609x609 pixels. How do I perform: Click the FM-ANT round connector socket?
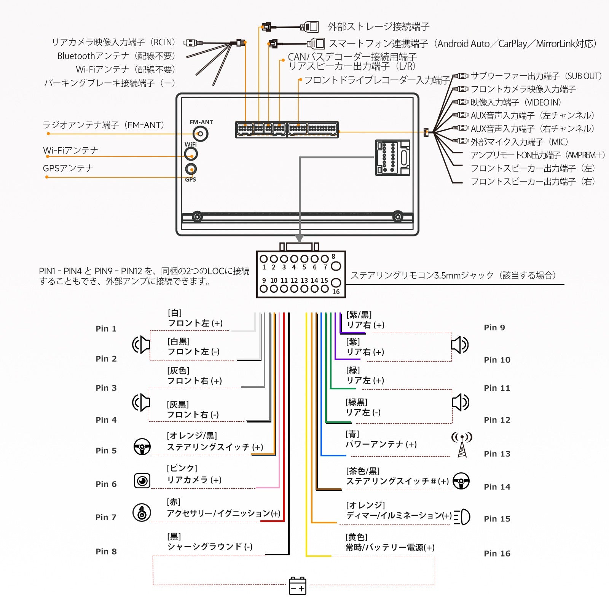tap(200, 134)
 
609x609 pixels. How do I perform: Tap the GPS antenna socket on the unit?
tap(191, 169)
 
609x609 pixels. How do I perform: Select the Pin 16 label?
tap(497, 553)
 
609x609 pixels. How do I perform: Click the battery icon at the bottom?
tap(298, 585)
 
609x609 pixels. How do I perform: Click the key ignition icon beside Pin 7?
tap(142, 512)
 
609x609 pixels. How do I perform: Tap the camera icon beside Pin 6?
tap(142, 481)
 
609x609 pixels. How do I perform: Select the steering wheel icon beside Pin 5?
tap(142, 447)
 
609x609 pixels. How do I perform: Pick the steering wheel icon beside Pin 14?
tap(461, 481)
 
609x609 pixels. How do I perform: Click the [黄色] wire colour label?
tap(356, 537)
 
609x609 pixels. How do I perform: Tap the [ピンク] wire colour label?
tap(182, 468)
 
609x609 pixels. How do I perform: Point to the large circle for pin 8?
tap(336, 266)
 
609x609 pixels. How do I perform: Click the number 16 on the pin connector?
tap(336, 292)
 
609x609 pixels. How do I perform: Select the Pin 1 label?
tap(106, 328)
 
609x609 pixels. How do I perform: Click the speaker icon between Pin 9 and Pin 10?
tap(460, 345)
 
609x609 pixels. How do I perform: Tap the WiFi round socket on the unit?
tap(191, 154)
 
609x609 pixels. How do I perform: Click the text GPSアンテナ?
tap(68, 168)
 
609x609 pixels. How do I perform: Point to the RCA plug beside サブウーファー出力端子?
tap(461, 76)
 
